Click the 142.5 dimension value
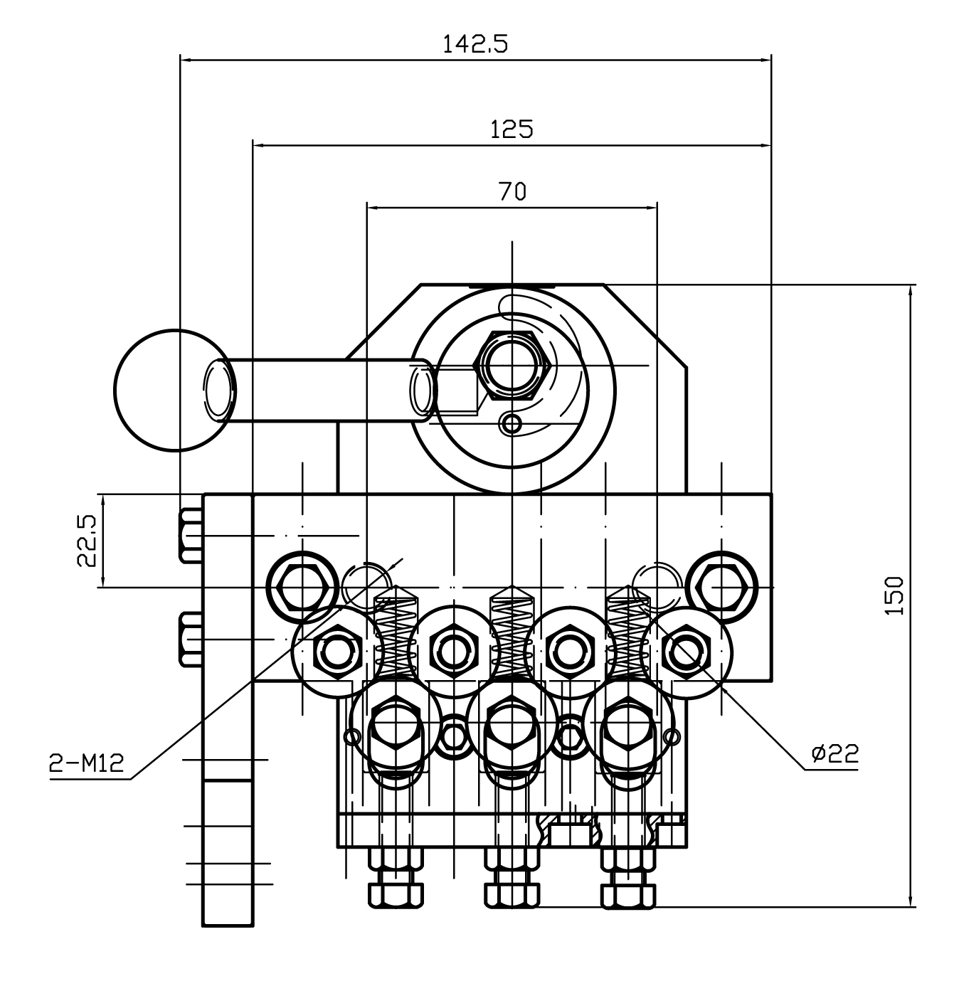point(475,45)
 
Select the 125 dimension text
point(512,129)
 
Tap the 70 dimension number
point(512,191)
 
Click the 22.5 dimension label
point(87,541)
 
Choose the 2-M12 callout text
point(86,764)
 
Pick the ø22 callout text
point(834,753)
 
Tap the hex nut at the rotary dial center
point(512,365)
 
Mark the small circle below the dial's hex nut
point(511,424)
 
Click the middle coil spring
point(512,633)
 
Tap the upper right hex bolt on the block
point(721,587)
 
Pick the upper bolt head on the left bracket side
point(190,535)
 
